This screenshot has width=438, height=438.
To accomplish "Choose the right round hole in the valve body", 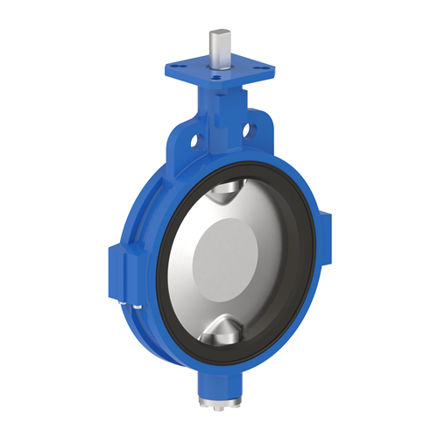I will pos(253,132).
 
